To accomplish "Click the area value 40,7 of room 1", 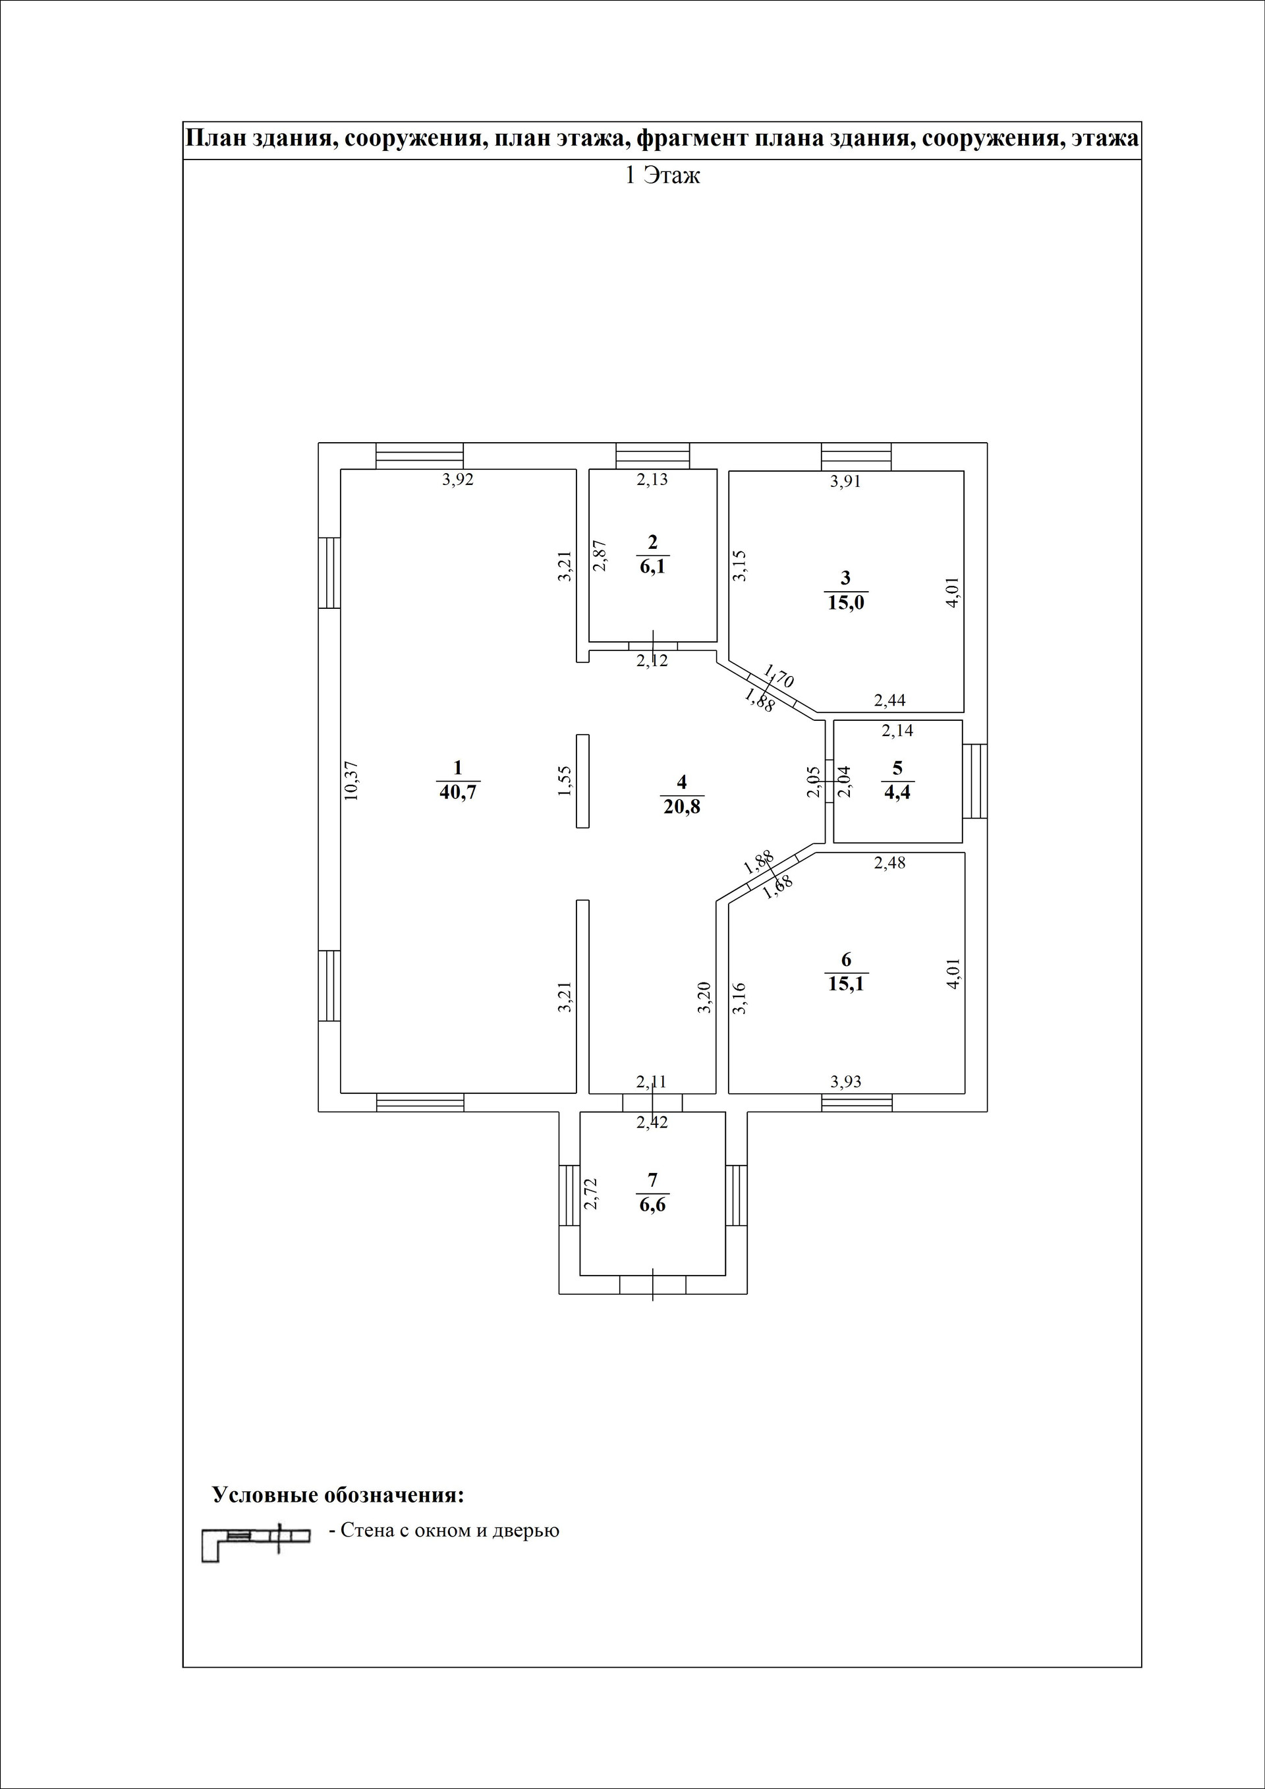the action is (458, 793).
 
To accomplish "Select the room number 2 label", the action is (653, 542).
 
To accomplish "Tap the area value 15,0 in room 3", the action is (846, 602).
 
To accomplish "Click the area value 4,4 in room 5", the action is (897, 793).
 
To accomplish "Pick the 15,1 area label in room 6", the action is (846, 983).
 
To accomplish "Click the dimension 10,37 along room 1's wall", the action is (351, 781).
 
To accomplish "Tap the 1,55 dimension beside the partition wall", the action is (565, 781).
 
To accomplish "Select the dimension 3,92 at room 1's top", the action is (458, 480).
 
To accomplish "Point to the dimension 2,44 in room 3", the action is (889, 700).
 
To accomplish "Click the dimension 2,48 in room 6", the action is (889, 863).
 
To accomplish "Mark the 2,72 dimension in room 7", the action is (591, 1193).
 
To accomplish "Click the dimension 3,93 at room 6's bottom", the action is (846, 1081).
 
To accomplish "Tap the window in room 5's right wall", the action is (974, 781).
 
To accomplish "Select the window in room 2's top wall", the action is (653, 455).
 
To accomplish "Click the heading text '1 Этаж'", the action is (663, 176).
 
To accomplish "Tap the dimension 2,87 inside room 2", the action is (600, 556).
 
